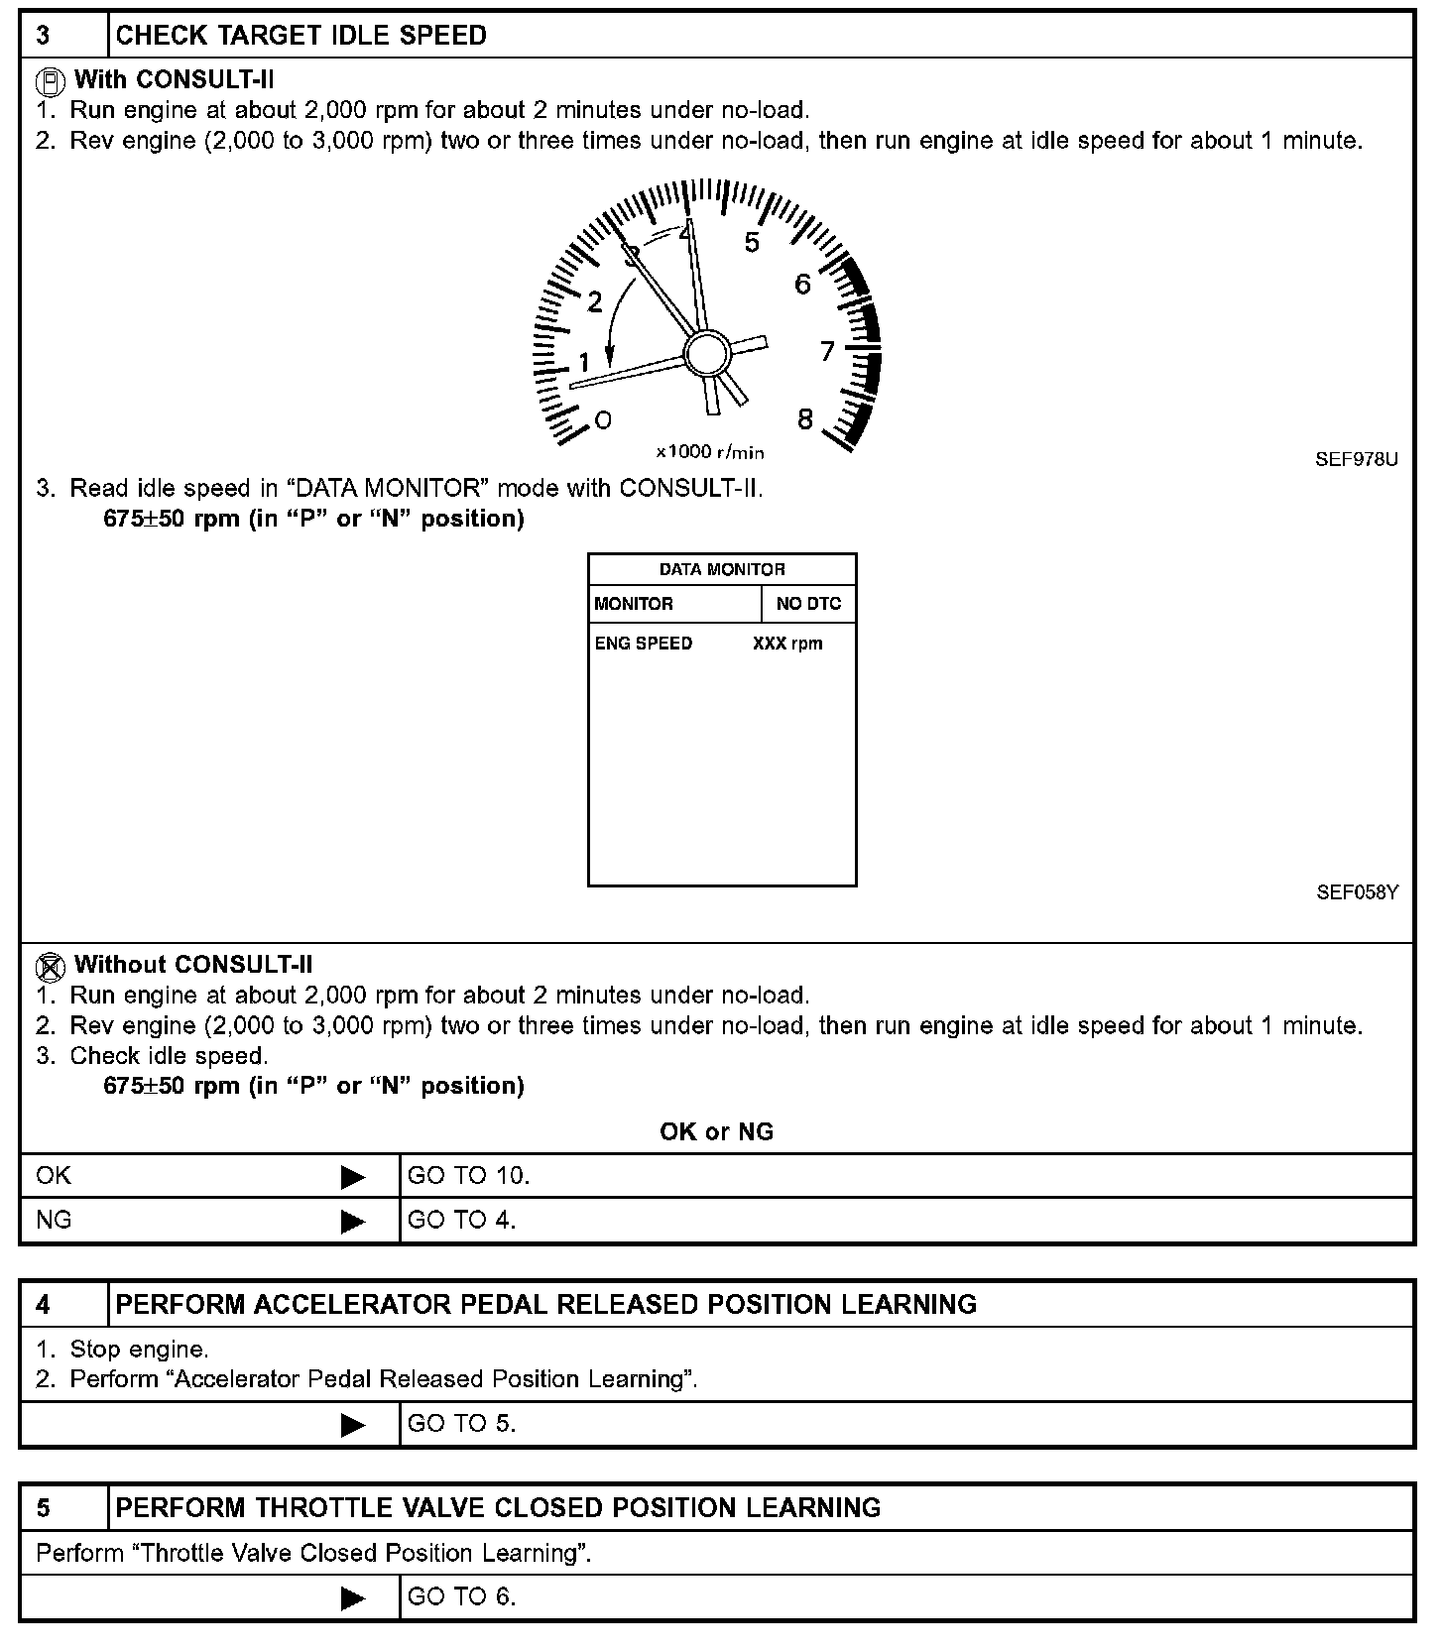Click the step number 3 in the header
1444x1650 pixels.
point(44,36)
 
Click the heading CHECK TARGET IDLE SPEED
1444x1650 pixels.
point(301,36)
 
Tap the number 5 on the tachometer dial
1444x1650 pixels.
point(752,243)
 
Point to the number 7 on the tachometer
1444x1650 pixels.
point(827,351)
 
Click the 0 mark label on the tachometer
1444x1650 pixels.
point(603,419)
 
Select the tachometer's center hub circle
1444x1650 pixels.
point(707,353)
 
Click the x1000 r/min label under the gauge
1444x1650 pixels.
point(710,452)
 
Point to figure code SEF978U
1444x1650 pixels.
point(1357,459)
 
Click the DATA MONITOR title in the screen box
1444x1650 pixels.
point(722,569)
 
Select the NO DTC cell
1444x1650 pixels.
point(808,604)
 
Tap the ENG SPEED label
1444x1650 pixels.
point(644,644)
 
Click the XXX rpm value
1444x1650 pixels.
point(787,644)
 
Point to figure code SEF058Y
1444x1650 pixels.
point(1357,892)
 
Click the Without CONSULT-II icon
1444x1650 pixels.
point(51,965)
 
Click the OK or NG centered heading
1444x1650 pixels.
point(716,1131)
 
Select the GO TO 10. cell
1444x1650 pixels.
point(469,1176)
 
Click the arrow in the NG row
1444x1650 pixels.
point(353,1221)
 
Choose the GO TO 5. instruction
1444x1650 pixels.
point(462,1424)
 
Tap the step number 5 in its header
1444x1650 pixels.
point(44,1508)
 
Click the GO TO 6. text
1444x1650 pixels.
point(462,1596)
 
